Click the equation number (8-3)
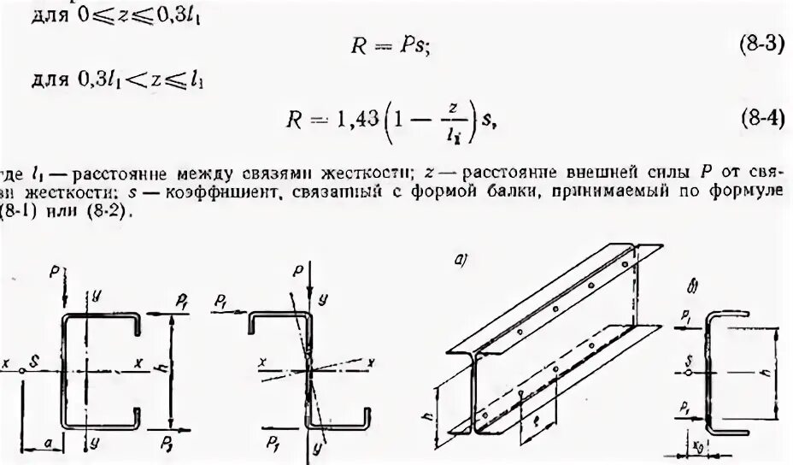tap(761, 46)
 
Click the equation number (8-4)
tap(761, 121)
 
